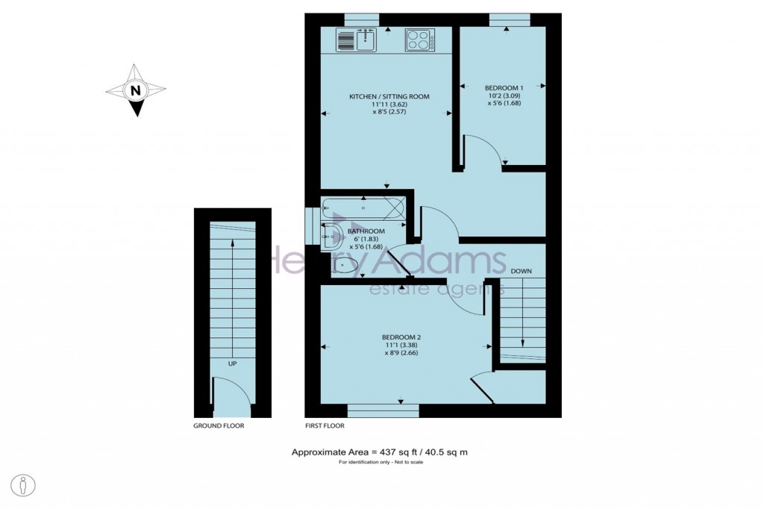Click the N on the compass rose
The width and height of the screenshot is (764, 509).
[x=135, y=91]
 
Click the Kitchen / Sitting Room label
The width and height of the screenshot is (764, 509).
[x=389, y=97]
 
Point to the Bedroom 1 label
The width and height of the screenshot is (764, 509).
[x=504, y=87]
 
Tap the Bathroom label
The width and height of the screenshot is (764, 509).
[x=366, y=231]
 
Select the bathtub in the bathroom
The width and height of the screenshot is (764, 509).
[x=363, y=208]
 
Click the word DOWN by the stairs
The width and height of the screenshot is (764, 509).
[x=522, y=271]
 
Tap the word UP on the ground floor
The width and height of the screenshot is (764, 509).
[x=232, y=363]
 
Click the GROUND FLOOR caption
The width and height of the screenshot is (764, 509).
[x=219, y=426]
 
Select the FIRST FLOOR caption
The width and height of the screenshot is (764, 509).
[x=325, y=426]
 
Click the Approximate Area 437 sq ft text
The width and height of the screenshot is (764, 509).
[x=379, y=452]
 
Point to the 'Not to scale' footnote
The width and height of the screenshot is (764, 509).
[x=380, y=463]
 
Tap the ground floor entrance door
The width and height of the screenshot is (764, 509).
[x=231, y=397]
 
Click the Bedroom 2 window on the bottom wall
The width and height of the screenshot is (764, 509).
[x=383, y=410]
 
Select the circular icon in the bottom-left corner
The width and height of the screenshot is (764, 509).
[x=25, y=485]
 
